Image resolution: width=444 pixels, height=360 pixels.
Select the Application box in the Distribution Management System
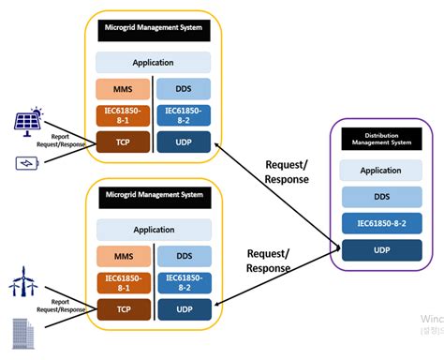pyautogui.click(x=382, y=172)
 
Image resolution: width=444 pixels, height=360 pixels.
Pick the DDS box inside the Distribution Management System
pyautogui.click(x=382, y=197)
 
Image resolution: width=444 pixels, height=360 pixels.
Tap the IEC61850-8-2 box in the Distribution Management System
pyautogui.click(x=382, y=223)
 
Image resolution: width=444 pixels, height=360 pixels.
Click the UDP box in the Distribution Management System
pyautogui.click(x=382, y=249)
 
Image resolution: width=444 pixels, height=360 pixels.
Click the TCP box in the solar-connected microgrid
pyautogui.click(x=123, y=142)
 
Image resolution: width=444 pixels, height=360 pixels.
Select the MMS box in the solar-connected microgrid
pyautogui.click(x=123, y=89)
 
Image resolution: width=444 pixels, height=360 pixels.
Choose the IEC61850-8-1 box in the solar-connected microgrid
pyautogui.click(x=123, y=116)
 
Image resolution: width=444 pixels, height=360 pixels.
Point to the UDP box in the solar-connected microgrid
pyautogui.click(x=184, y=142)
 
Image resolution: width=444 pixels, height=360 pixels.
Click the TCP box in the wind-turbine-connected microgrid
pyautogui.click(x=123, y=308)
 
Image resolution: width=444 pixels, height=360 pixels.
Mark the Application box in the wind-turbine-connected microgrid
pyautogui.click(x=153, y=229)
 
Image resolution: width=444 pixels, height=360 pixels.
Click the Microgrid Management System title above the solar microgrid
pyautogui.click(x=153, y=28)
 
